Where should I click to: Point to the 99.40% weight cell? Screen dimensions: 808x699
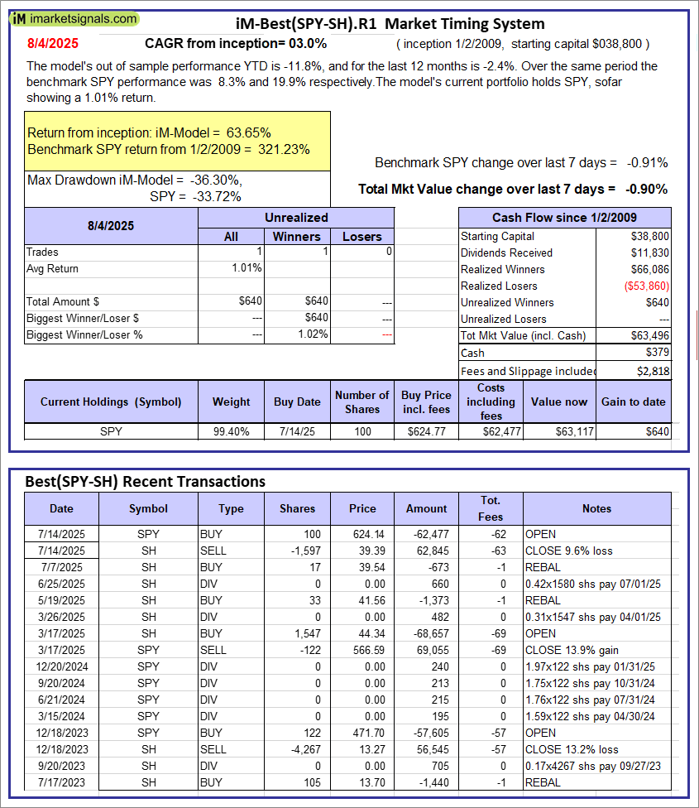(231, 430)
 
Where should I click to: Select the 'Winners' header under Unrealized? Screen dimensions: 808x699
(296, 236)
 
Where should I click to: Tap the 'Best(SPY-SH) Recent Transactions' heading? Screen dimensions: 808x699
(145, 481)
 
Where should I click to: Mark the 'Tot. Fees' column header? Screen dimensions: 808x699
(491, 508)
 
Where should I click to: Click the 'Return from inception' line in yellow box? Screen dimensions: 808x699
(149, 132)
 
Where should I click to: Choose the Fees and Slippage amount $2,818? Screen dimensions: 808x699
(654, 371)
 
